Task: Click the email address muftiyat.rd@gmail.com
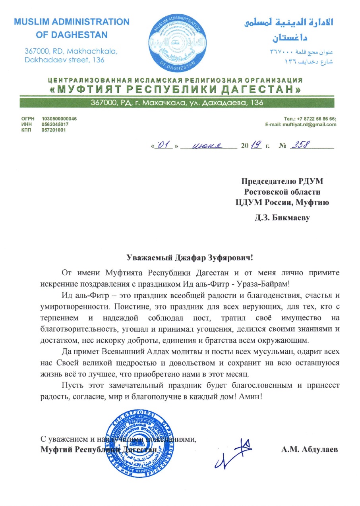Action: tap(310, 124)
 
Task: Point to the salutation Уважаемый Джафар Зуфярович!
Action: tap(190, 258)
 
